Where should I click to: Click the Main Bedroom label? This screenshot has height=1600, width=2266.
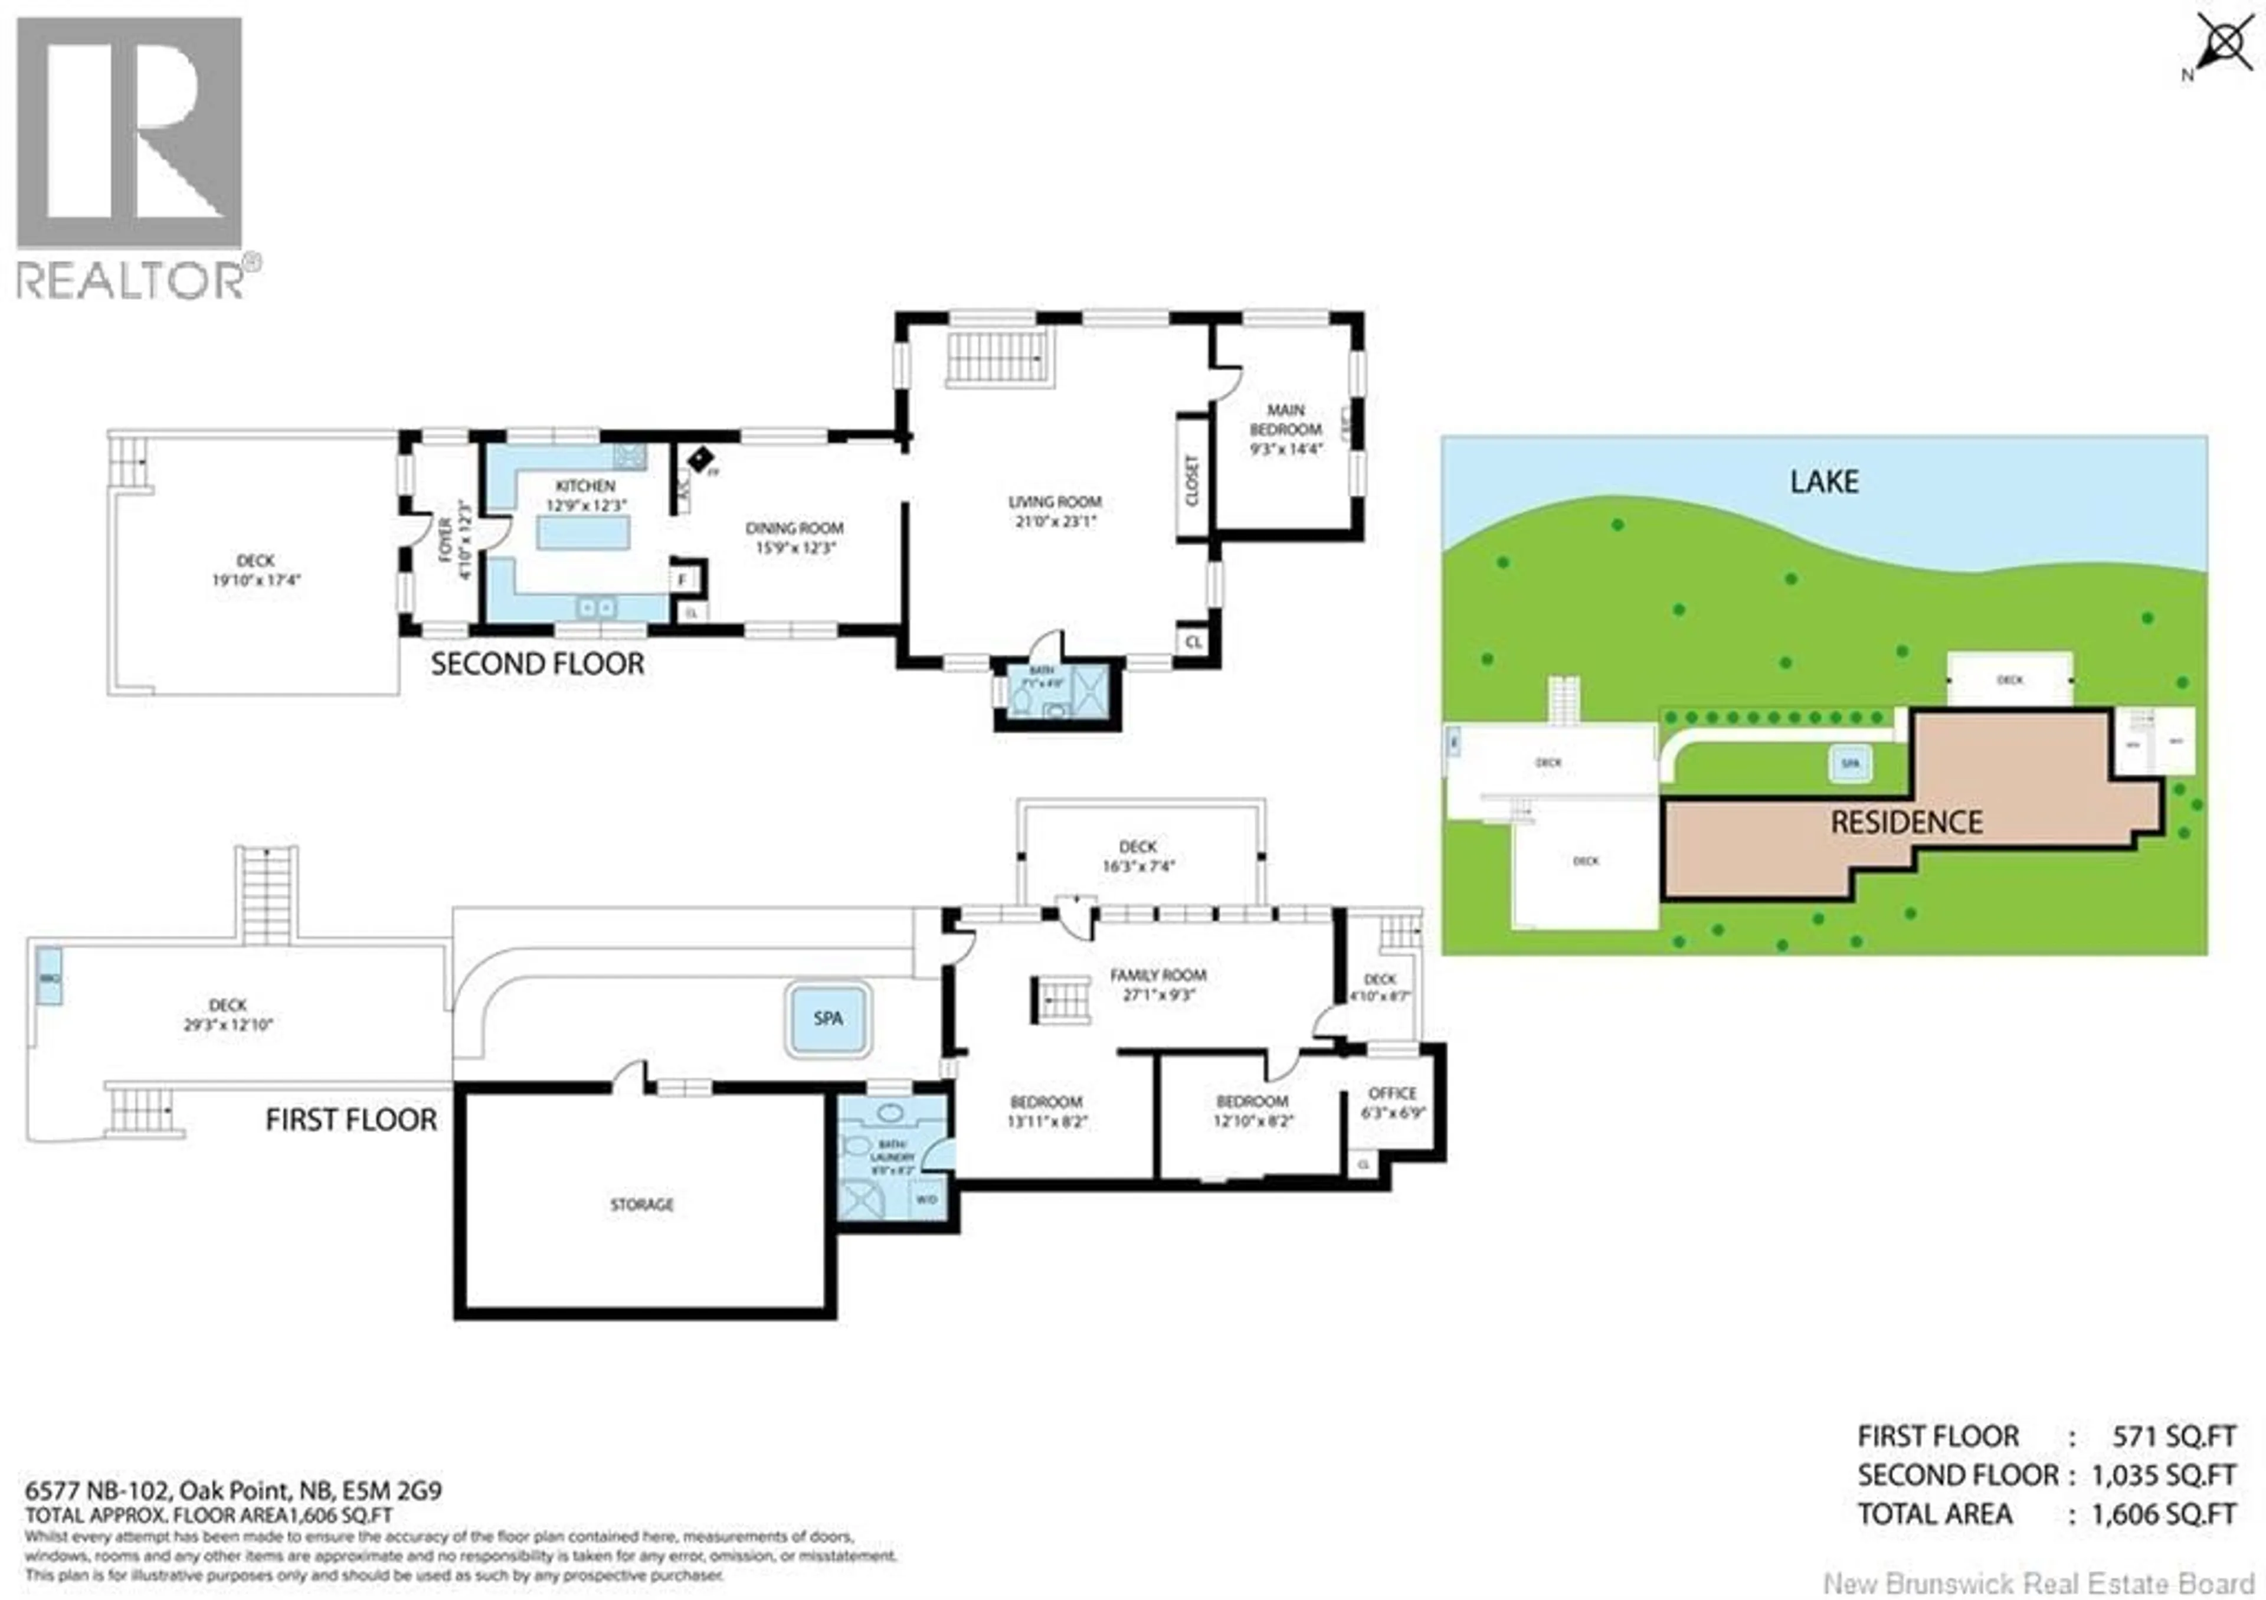(1285, 420)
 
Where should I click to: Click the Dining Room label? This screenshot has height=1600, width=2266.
(794, 528)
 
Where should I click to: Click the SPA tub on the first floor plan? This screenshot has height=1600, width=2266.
(828, 1017)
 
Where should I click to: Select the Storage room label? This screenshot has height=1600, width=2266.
(641, 1204)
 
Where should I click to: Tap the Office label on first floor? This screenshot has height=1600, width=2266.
(1391, 1092)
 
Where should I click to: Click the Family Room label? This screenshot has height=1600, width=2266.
(1158, 975)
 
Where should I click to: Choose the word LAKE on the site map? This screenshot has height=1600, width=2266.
(1824, 482)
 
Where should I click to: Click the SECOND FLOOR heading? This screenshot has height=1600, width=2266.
(537, 663)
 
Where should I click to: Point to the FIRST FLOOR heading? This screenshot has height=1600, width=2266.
(351, 1120)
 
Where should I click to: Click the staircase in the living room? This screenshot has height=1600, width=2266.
(997, 357)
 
